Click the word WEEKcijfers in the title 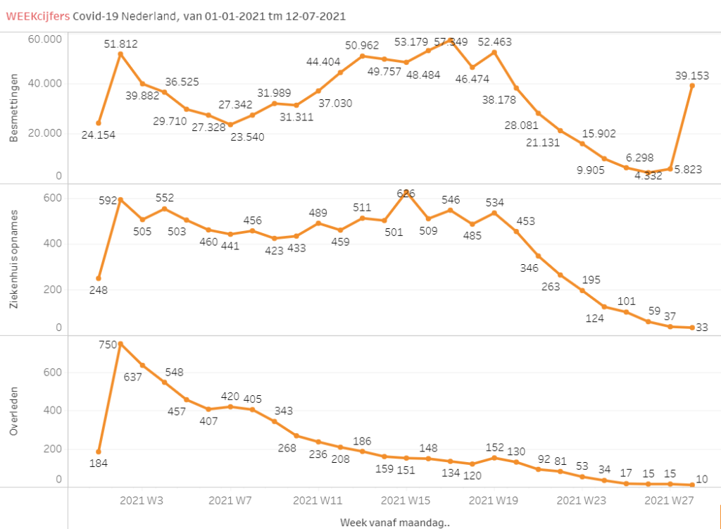pyautogui.click(x=37, y=15)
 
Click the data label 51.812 pyautogui.click(x=120, y=44)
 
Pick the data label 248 pyautogui.click(x=99, y=291)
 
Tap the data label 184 pyautogui.click(x=99, y=463)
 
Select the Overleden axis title pyautogui.click(x=14, y=410)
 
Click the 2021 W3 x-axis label pyautogui.click(x=142, y=501)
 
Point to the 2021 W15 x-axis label pyautogui.click(x=405, y=501)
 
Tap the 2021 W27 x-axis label pyautogui.click(x=669, y=501)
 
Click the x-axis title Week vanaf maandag pyautogui.click(x=395, y=522)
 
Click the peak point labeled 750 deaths pyautogui.click(x=120, y=344)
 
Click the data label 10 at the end pyautogui.click(x=702, y=479)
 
